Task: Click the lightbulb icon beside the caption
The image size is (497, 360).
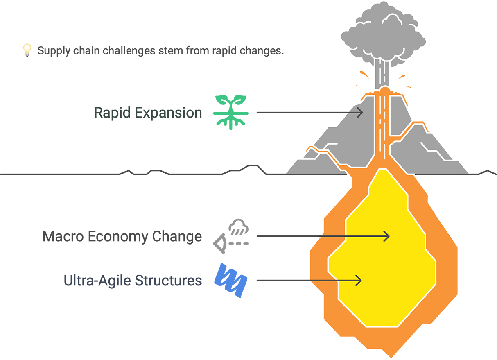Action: (27, 50)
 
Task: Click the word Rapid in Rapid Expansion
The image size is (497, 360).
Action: (112, 113)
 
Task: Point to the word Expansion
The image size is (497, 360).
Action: (169, 113)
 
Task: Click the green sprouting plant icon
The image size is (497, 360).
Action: (231, 112)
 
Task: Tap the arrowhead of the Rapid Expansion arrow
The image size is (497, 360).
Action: (360, 113)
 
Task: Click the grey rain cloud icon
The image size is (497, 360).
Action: (239, 227)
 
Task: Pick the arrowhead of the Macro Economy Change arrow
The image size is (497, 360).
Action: (386, 236)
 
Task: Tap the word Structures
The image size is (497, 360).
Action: (169, 281)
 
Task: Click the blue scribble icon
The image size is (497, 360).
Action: (231, 280)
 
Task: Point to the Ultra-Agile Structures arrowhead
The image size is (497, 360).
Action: (358, 280)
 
